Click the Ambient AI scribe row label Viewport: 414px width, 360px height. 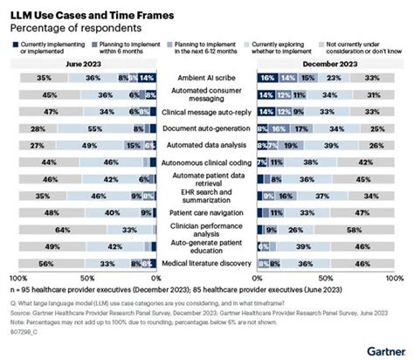(207, 77)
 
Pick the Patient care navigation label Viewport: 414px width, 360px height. (207, 211)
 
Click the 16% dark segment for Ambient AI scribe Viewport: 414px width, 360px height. (266, 77)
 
